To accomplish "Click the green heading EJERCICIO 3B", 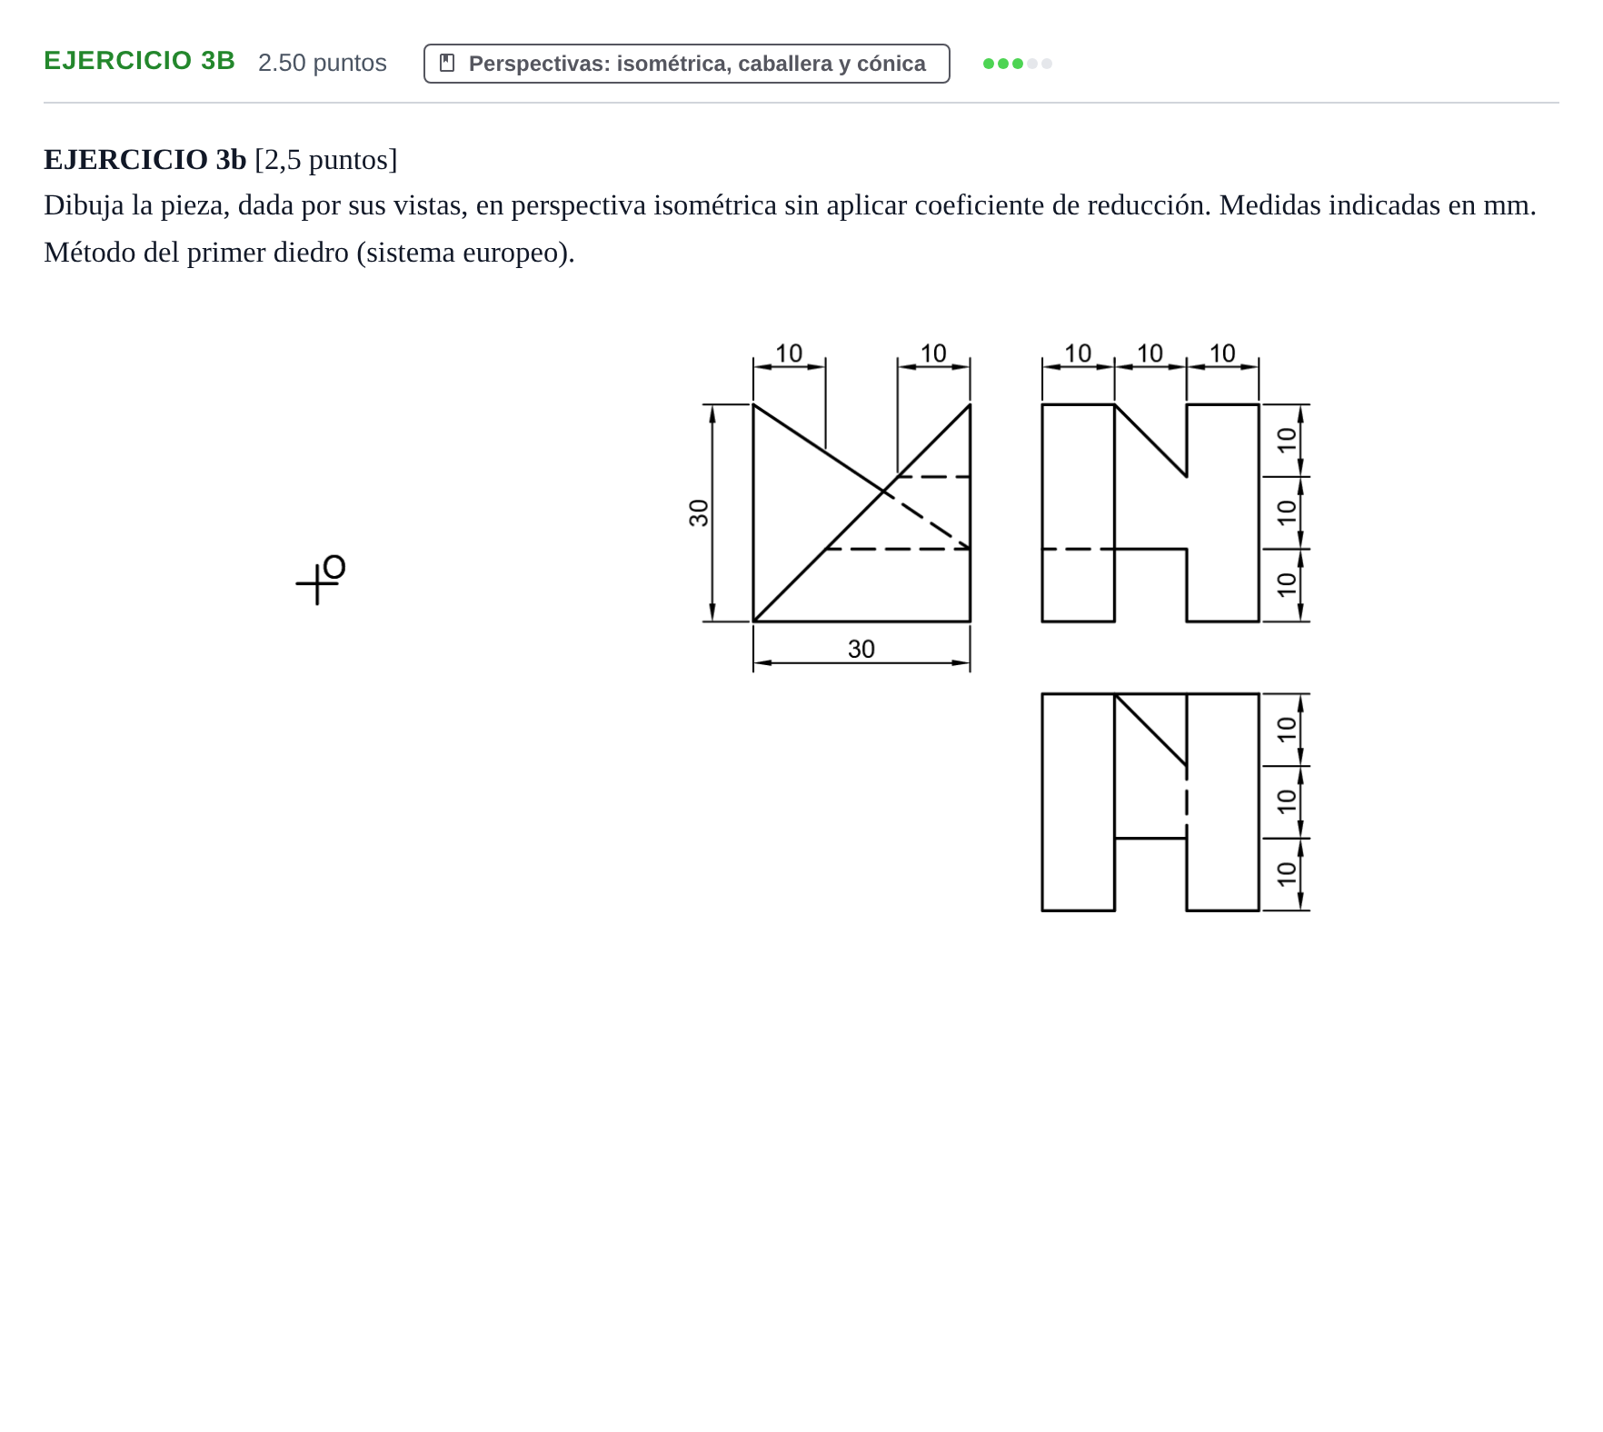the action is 139,61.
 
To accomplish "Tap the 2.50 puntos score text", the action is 323,63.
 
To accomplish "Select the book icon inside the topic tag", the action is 447,63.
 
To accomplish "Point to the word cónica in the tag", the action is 891,64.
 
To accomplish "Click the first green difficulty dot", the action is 989,64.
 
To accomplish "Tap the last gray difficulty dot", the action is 1047,64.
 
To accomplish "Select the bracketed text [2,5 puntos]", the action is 326,160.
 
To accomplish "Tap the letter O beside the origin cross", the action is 334,567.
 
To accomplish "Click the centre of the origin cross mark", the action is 317,583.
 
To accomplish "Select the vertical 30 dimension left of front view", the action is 698,513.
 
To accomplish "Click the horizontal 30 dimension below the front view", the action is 861,649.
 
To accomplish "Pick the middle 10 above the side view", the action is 1150,353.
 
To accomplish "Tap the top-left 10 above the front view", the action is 789,353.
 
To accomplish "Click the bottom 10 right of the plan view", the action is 1286,873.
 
